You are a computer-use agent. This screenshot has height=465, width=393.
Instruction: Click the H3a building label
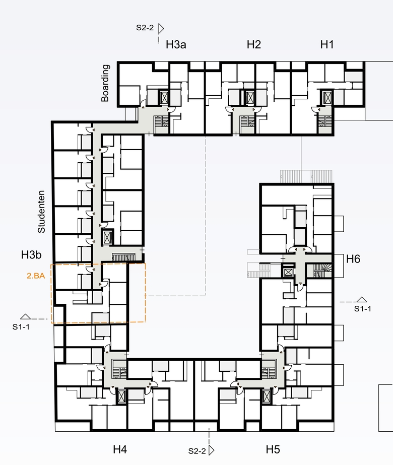tap(176, 44)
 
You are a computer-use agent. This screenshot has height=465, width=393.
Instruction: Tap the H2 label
tap(254, 44)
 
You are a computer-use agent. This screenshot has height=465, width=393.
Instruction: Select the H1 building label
tap(327, 44)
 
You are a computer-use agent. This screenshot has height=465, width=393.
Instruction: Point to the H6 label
tap(353, 259)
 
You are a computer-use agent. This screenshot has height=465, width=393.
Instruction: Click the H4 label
tap(120, 449)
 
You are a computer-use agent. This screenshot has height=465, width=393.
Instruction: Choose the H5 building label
tap(273, 449)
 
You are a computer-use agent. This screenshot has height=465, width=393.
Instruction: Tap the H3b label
tap(31, 255)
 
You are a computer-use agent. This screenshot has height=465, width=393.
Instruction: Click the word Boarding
tap(105, 83)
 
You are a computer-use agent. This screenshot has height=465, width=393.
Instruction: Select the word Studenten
tap(41, 212)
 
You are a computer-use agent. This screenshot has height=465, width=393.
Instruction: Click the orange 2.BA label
tap(36, 276)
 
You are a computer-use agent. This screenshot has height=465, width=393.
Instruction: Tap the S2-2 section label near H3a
tap(145, 28)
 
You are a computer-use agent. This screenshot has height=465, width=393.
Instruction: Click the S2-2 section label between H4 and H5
tap(197, 451)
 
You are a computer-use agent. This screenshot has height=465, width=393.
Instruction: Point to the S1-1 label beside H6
tap(362, 309)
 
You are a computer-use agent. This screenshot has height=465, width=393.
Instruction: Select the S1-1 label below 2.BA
tap(21, 327)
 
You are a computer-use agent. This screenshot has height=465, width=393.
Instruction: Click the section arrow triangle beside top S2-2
tap(161, 29)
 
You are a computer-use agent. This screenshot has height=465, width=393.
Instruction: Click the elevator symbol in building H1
tap(327, 97)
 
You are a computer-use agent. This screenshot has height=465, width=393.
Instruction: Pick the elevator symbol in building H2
tap(250, 97)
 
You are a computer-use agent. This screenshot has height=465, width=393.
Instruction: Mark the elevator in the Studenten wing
tap(107, 237)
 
